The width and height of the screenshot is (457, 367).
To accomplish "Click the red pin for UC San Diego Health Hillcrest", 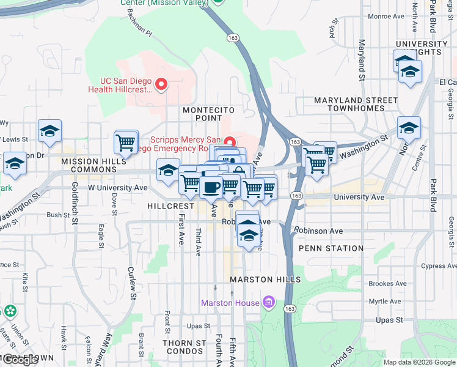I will [161, 84].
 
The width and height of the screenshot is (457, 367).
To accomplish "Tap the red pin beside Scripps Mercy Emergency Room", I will [230, 141].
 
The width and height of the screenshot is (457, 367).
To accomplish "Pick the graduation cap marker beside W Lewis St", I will [49, 130].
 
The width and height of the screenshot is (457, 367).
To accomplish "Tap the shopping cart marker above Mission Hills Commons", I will [125, 143].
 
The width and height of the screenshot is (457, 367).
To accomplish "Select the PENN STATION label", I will [331, 248].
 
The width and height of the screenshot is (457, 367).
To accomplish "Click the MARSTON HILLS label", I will [265, 280].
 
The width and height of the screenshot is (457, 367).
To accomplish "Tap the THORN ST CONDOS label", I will [184, 347].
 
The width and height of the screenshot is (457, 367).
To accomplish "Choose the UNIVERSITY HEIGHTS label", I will [422, 48].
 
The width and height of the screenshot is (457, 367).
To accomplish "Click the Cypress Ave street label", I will [438, 266].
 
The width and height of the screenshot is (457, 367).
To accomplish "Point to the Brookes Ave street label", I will [388, 284].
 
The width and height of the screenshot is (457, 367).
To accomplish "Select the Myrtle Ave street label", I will [385, 302].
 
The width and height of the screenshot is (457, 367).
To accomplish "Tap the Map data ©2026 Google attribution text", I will [419, 362].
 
